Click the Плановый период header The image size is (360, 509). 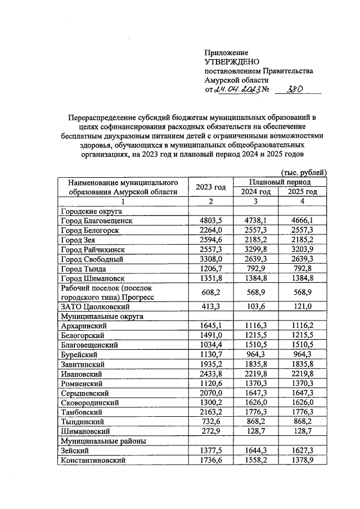280,182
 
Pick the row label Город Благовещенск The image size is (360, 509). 97,221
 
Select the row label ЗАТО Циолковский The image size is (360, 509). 95,307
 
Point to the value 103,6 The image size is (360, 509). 256,307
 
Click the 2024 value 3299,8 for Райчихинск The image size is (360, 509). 256,250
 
